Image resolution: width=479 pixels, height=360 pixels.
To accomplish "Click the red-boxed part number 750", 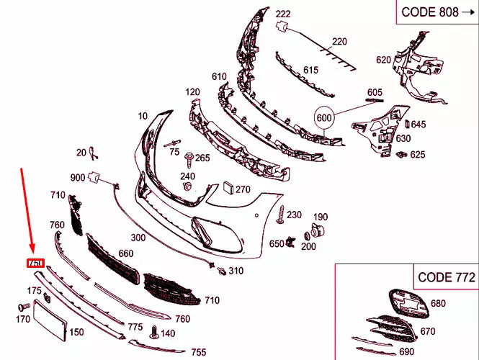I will point(36,264).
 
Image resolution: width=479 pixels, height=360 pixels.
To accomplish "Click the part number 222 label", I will point(283,14).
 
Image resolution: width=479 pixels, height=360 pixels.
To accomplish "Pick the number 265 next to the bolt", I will point(202,158).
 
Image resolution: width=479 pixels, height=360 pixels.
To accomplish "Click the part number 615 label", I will point(310,70).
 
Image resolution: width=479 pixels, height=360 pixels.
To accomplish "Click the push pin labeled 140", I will point(154,333).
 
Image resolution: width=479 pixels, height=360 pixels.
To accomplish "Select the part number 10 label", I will point(143,115).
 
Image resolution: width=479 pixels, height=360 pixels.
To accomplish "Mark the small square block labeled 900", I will point(93,178).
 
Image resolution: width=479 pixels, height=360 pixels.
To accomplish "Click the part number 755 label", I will point(198,352).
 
